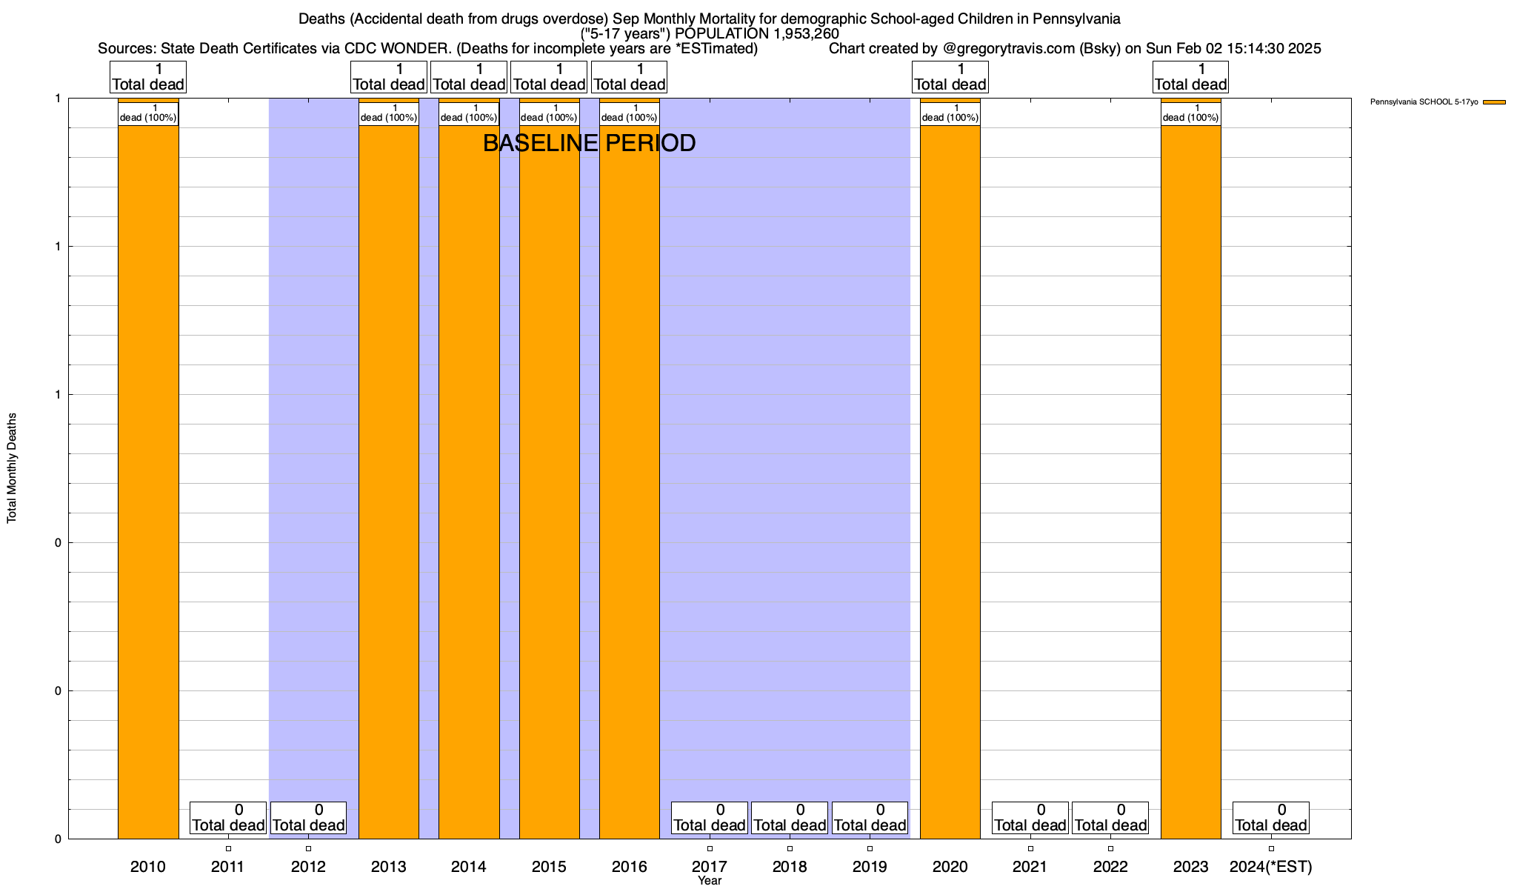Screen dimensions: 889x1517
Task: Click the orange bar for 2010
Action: click(148, 482)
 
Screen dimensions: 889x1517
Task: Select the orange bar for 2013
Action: click(389, 482)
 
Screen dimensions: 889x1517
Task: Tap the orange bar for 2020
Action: click(950, 482)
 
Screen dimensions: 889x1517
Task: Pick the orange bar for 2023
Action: click(1190, 482)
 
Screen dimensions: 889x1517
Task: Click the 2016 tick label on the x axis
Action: click(630, 867)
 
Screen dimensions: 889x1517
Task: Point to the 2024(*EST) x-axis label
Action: click(1270, 867)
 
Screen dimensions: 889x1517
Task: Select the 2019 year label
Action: click(870, 867)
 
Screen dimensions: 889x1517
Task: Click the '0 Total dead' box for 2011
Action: click(228, 818)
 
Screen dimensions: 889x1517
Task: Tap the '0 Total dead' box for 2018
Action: click(790, 818)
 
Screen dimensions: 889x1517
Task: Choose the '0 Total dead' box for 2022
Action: click(1110, 818)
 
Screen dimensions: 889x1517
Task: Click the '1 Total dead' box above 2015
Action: click(549, 77)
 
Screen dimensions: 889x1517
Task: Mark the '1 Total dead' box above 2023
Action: click(1190, 77)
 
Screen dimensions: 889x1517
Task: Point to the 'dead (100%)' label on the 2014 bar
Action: click(469, 117)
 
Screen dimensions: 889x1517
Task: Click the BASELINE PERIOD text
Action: click(589, 143)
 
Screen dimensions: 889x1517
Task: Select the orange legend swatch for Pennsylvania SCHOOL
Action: click(1494, 102)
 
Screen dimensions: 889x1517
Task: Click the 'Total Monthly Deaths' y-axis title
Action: click(12, 468)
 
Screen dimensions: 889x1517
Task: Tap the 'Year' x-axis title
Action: click(710, 881)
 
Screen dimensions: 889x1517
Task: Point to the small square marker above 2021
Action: click(1030, 848)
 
